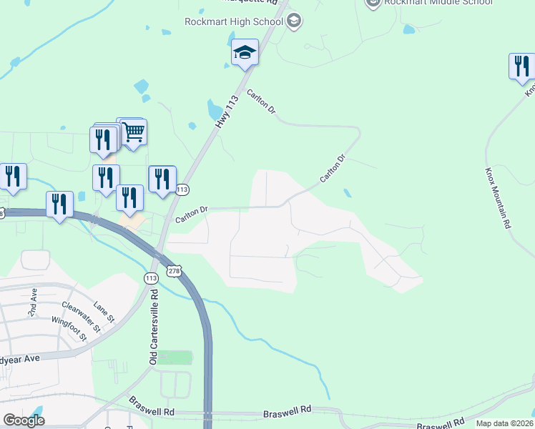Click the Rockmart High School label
coord(233,21)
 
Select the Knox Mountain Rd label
coord(499,197)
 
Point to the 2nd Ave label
coord(34,300)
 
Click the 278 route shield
coord(174,271)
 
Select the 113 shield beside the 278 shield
coord(151,277)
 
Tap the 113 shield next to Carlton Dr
coord(182,189)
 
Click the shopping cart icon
coord(133,132)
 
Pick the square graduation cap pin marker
coord(245,52)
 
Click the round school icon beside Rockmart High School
coord(293,21)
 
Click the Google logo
coord(24,420)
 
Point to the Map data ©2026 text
coord(504,423)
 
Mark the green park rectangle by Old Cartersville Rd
coord(175,357)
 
